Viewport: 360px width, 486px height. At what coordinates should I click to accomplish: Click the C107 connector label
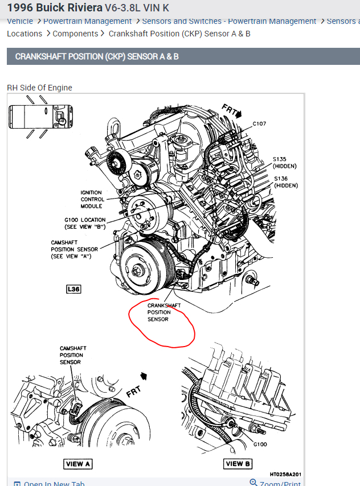pos(260,123)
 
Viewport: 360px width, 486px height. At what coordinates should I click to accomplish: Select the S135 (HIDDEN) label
pos(285,162)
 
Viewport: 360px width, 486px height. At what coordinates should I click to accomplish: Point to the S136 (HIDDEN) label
pos(285,182)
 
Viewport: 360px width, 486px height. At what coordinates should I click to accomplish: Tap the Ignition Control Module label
pos(92,199)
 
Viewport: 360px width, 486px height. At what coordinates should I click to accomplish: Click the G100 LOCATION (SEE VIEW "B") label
pos(85,223)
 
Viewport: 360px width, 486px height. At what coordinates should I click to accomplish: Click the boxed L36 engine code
pos(73,289)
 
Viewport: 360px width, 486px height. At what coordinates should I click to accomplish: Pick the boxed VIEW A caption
pos(78,464)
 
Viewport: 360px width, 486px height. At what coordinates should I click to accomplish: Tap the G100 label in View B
pos(260,444)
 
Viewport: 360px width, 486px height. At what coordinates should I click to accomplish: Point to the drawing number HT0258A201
pos(285,474)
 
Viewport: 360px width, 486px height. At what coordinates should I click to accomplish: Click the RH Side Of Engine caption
pos(39,88)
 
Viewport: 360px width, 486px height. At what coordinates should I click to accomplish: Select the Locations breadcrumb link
pos(24,34)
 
